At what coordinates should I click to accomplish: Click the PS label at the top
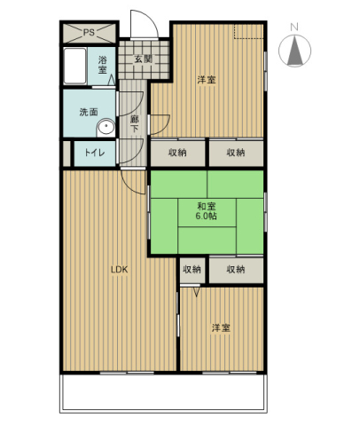point(88,33)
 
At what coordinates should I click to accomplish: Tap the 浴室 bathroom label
point(102,64)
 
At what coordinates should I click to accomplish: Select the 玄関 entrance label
point(142,59)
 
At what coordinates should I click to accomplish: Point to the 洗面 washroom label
point(89,112)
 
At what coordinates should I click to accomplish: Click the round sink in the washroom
point(106,127)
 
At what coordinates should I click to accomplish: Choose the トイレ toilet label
point(95,154)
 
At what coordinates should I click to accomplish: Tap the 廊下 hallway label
point(135,123)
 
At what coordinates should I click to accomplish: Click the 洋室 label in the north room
point(207,80)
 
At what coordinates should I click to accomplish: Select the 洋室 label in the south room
point(221,328)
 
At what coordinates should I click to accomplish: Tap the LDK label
point(120,271)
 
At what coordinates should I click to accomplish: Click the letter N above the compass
point(295,28)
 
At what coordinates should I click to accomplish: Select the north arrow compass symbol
point(295,51)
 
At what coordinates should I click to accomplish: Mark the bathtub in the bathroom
point(74,67)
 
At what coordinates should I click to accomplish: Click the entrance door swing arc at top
point(142,23)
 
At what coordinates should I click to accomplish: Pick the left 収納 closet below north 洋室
point(177,153)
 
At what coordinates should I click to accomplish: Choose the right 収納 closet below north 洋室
point(236,153)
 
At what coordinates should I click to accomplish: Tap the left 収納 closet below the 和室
point(192,269)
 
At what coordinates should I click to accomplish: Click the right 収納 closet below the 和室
point(235,269)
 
